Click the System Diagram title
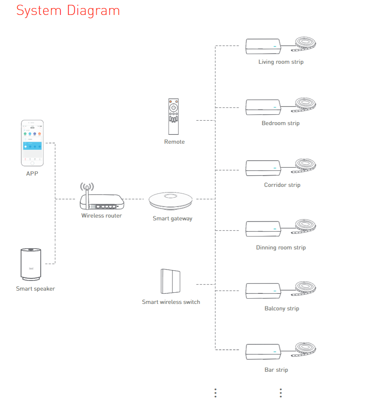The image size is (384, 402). click(x=68, y=10)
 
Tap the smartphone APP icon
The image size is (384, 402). click(x=32, y=143)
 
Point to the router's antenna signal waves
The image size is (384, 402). click(x=87, y=187)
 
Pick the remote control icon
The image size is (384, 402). click(x=173, y=117)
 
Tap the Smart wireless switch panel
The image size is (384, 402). click(x=170, y=281)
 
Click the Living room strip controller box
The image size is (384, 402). click(x=263, y=46)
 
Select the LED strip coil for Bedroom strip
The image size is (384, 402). click(x=305, y=104)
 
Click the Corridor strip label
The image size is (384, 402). click(x=282, y=185)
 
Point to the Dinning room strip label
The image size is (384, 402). click(x=281, y=247)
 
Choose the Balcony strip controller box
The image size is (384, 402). click(x=263, y=291)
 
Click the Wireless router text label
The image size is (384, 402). click(x=102, y=216)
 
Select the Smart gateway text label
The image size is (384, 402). click(x=172, y=218)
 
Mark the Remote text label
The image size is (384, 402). click(x=174, y=142)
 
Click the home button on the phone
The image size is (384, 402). click(x=32, y=163)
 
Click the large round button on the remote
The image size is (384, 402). click(x=173, y=108)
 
